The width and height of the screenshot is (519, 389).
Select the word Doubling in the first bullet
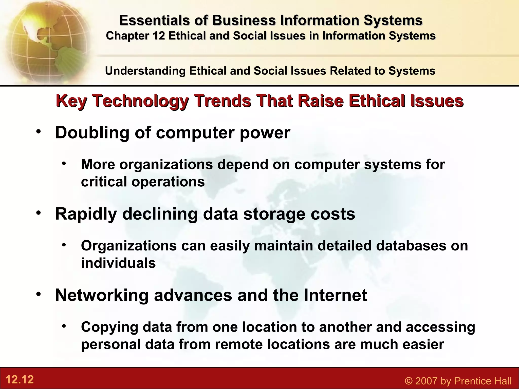point(92,133)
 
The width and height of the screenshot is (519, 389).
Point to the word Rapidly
point(86,214)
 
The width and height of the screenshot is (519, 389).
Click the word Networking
point(102,295)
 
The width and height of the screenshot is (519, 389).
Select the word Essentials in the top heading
point(154,21)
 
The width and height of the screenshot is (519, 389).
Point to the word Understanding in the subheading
point(145,71)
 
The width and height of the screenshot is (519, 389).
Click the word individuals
point(118,263)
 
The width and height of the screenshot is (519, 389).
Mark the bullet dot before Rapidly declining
point(38,213)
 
